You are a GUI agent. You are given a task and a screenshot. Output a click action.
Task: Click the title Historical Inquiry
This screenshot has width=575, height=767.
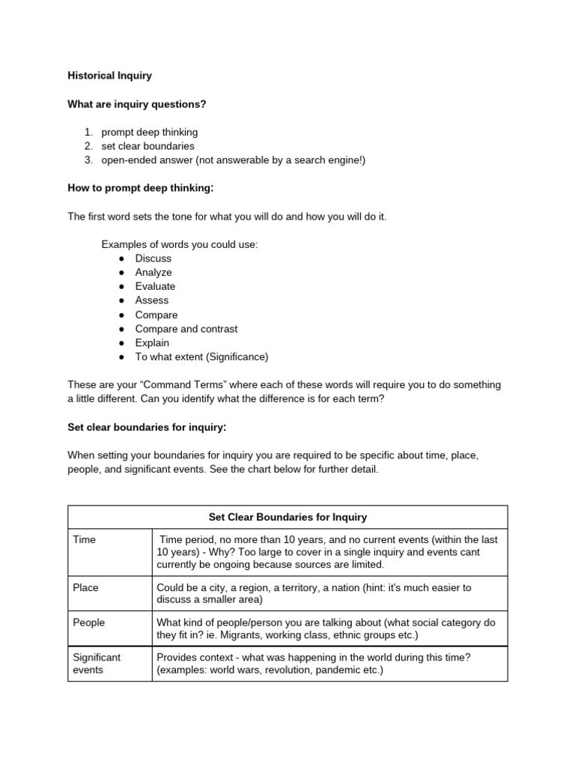(109, 76)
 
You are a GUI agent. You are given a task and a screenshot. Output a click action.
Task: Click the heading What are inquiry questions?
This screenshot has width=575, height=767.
(136, 104)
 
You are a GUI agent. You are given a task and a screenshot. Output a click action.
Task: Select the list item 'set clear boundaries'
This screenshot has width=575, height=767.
(147, 146)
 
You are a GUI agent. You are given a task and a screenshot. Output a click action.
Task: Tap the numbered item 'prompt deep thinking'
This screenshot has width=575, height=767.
(150, 133)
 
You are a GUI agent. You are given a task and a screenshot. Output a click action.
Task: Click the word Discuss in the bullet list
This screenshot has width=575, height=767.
(153, 258)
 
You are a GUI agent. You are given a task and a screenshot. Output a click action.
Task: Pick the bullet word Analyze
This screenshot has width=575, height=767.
(153, 273)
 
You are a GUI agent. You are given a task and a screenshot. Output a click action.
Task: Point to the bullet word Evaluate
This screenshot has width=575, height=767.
(155, 286)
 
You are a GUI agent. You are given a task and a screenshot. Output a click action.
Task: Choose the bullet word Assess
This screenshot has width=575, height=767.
(152, 300)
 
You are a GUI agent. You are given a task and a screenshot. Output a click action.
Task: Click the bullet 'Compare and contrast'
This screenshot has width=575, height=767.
(186, 329)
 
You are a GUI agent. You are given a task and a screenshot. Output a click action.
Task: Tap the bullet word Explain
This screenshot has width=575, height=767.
(152, 343)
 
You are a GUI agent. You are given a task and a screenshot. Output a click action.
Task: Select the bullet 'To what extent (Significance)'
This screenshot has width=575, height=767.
(201, 357)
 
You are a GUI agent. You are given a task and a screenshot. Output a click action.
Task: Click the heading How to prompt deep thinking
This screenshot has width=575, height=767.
(140, 188)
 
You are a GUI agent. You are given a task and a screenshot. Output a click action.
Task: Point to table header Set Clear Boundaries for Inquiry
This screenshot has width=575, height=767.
(287, 517)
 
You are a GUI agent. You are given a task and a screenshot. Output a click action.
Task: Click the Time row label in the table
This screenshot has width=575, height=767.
(85, 539)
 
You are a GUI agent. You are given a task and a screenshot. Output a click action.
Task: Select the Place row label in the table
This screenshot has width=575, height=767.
(85, 588)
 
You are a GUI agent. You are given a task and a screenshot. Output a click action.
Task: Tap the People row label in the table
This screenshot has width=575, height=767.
(88, 622)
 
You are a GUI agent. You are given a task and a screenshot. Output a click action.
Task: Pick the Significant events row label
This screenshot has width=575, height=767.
(97, 664)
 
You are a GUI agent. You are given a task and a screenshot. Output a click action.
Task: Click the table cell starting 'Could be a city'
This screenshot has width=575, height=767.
(313, 594)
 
